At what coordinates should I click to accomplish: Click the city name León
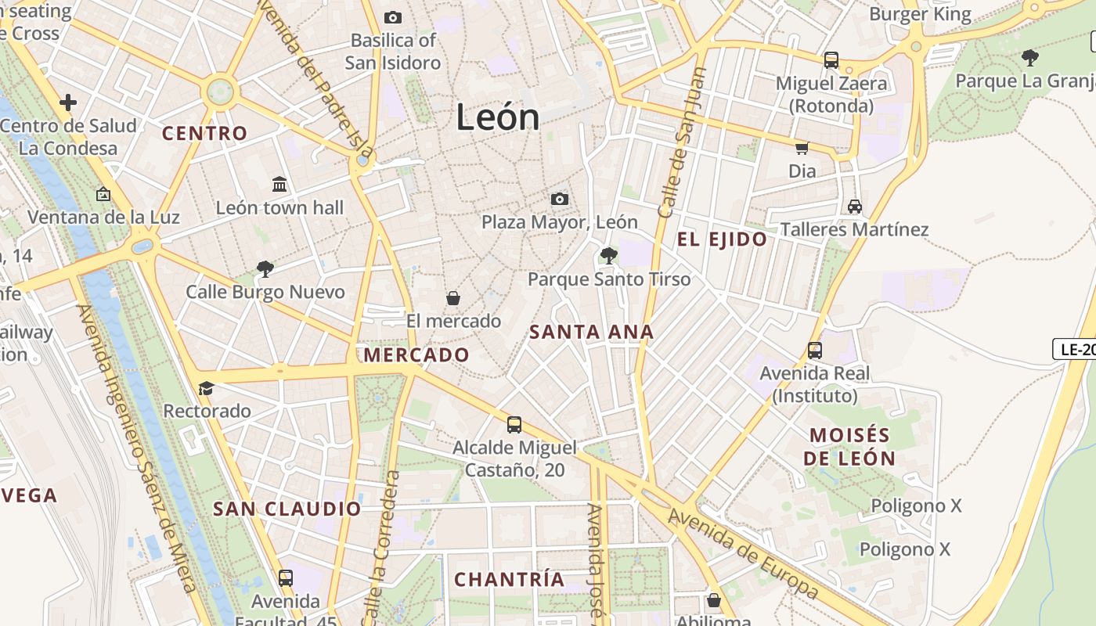point(498,117)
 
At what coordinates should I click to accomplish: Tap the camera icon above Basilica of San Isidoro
point(393,17)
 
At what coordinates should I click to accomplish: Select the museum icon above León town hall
point(279,184)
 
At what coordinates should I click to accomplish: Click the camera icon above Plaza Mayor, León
point(559,199)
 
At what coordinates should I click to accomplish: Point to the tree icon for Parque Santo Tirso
point(608,255)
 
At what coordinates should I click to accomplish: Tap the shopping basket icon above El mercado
point(452,298)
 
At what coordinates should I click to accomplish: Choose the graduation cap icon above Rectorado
point(206,388)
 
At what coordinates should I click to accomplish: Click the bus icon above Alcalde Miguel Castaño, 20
point(514,424)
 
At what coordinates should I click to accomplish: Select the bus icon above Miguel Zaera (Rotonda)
point(831,59)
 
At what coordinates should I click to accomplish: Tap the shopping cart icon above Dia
point(802,148)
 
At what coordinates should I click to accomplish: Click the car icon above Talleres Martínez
point(854,207)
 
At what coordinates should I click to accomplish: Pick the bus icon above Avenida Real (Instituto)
point(815,350)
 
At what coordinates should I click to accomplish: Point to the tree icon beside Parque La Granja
point(1030,57)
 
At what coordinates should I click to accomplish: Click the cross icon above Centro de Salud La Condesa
point(68,102)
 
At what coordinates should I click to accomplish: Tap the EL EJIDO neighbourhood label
point(722,239)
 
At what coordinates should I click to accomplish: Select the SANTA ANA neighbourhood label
point(591,332)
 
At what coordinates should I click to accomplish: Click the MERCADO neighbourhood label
point(416,355)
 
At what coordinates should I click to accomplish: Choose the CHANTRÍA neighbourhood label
point(509,579)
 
